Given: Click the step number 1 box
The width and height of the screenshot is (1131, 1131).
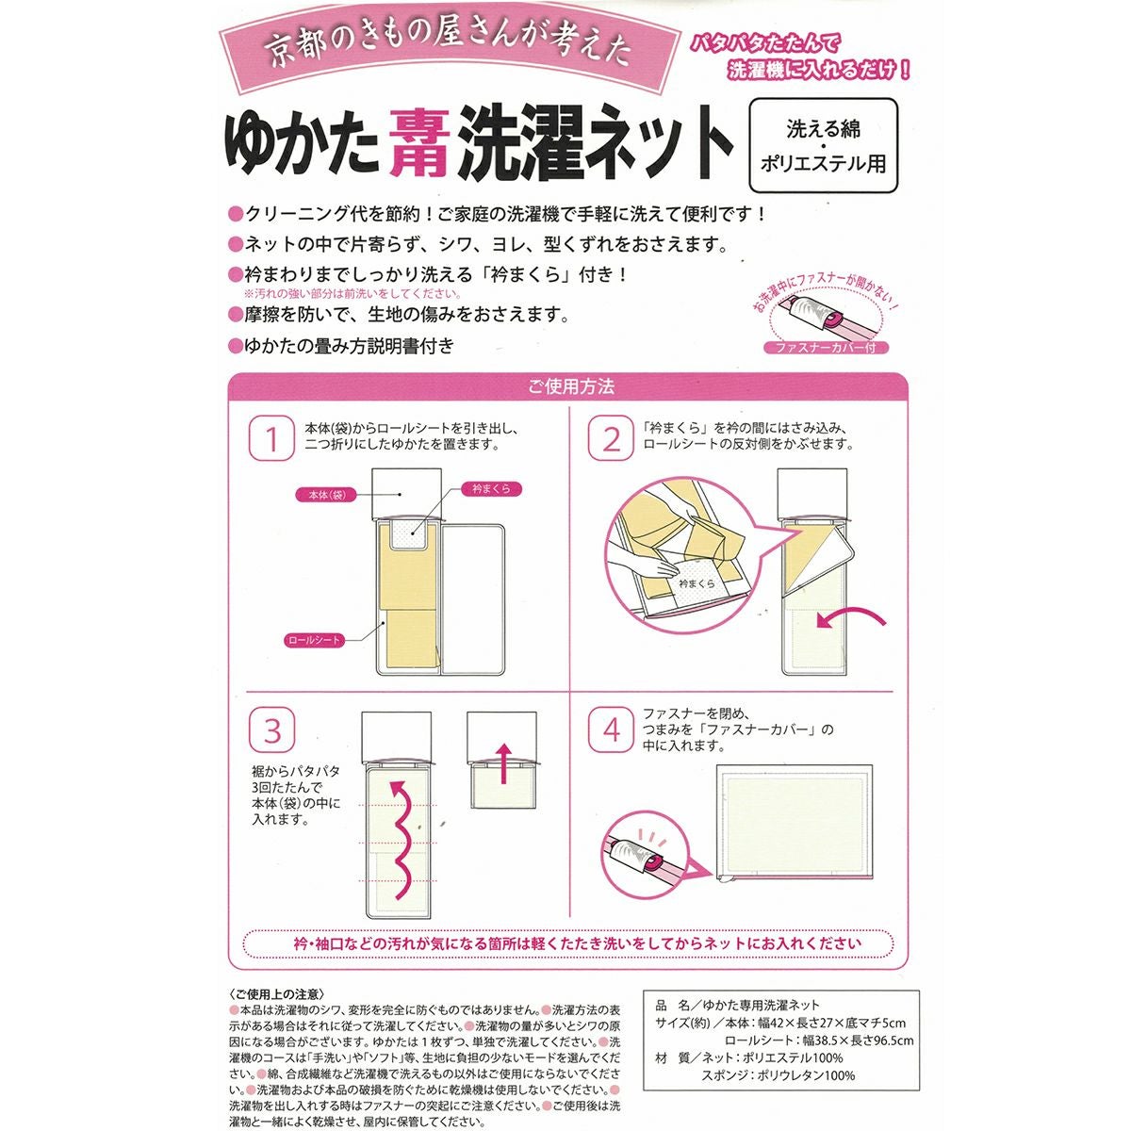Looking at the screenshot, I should pyautogui.click(x=272, y=439).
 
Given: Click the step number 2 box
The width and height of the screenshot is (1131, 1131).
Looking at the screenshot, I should pyautogui.click(x=612, y=439).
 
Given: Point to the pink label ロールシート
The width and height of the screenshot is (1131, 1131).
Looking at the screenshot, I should pyautogui.click(x=315, y=640).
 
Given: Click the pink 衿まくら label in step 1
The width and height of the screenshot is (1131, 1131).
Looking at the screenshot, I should pyautogui.click(x=490, y=488).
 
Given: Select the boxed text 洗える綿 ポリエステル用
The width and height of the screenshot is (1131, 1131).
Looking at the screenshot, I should pyautogui.click(x=823, y=147).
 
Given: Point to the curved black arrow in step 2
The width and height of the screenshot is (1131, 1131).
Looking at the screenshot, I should pyautogui.click(x=852, y=618).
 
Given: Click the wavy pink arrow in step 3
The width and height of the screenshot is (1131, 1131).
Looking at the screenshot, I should pyautogui.click(x=403, y=839).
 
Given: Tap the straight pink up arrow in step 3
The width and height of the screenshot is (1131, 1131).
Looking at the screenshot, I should pyautogui.click(x=502, y=762).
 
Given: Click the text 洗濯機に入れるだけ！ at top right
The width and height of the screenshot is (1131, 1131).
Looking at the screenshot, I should pyautogui.click(x=818, y=70).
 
